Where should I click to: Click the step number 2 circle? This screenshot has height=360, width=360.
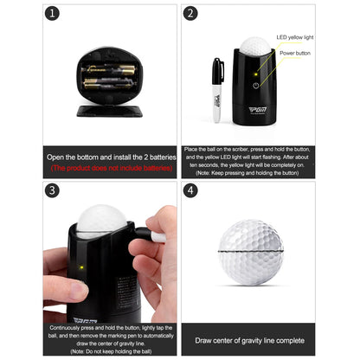click(191, 14)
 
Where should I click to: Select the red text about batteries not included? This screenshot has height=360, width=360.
click(111, 167)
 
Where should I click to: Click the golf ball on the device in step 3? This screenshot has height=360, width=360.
click(101, 222)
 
